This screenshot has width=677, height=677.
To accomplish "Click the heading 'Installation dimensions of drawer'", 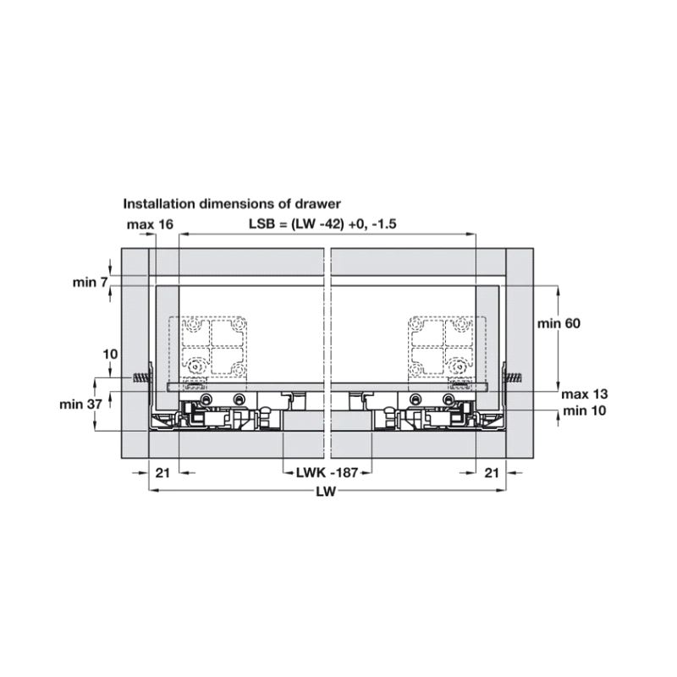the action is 232,203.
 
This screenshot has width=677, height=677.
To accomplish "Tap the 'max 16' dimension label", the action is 150,224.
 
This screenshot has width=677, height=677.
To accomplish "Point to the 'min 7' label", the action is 90,283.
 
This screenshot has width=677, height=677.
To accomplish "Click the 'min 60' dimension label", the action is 559,323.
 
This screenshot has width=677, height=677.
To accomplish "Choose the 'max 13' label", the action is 584,394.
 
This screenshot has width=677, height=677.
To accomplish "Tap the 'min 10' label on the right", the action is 584,410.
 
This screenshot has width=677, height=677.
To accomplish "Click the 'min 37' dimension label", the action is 80,405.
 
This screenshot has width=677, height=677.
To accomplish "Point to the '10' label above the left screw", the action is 110,354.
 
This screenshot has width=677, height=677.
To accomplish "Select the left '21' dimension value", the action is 162,473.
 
